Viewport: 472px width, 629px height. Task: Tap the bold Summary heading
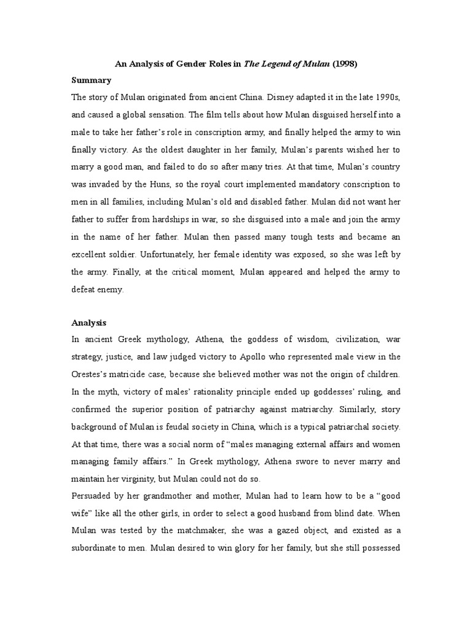click(92, 80)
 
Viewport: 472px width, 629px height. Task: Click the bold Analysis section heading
click(89, 322)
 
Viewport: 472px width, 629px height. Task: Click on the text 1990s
click(384, 97)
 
